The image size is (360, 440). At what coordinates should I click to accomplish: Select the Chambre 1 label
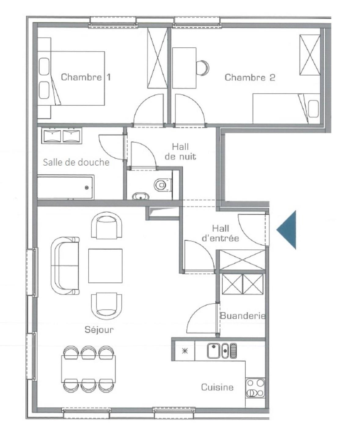tap(86, 77)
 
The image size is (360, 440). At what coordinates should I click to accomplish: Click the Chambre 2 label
tap(250, 77)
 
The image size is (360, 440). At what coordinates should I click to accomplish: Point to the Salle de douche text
tap(76, 162)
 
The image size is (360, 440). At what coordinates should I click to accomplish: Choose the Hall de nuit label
tap(181, 152)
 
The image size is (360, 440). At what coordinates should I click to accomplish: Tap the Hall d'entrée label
tap(221, 233)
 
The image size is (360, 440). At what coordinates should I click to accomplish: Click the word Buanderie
tap(243, 316)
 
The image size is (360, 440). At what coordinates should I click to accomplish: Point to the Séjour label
tap(99, 330)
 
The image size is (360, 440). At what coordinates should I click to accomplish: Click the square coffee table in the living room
tap(105, 266)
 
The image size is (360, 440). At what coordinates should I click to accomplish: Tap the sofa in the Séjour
tap(65, 266)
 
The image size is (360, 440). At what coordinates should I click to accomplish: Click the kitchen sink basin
tap(214, 351)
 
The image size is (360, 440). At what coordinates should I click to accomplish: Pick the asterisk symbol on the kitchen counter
tap(185, 351)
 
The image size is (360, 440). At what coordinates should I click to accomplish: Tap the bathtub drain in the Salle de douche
tap(87, 188)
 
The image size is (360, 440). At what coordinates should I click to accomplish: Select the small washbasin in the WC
tap(141, 196)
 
